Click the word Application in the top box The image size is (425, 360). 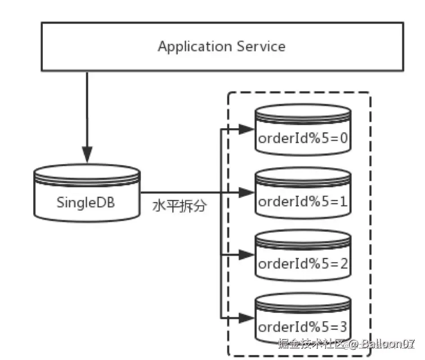[195, 47]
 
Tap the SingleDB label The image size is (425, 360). [86, 202]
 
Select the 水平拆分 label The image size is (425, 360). [180, 206]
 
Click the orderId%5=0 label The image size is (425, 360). [303, 138]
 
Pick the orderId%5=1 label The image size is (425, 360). [303, 202]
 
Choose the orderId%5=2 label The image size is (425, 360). [303, 264]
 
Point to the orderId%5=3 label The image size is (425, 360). [303, 327]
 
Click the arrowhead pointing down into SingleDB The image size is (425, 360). [87, 154]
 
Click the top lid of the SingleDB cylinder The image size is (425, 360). [87, 171]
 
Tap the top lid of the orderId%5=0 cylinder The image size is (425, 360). [303, 111]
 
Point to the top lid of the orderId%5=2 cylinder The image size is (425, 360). [303, 237]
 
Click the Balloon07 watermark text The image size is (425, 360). [388, 344]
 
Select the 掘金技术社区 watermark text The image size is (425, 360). [311, 344]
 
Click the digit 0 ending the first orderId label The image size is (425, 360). [344, 138]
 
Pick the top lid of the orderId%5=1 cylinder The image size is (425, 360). [303, 174]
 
